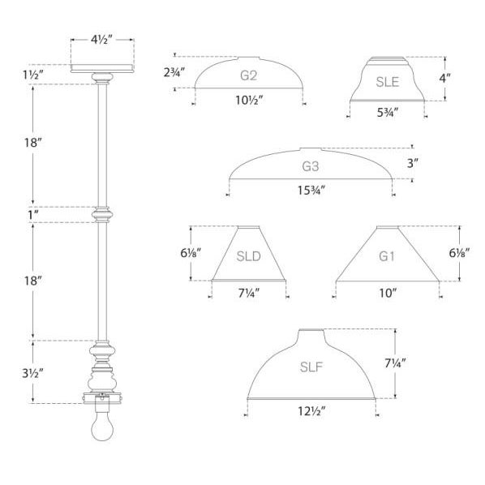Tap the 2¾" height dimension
tap(174, 72)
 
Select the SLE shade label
tap(387, 81)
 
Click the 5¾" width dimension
tap(387, 115)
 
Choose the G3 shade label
tap(311, 168)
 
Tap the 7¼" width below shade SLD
tap(248, 293)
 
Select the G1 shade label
tap(388, 258)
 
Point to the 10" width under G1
tap(388, 293)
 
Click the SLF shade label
tap(311, 367)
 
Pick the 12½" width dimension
tap(311, 411)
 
